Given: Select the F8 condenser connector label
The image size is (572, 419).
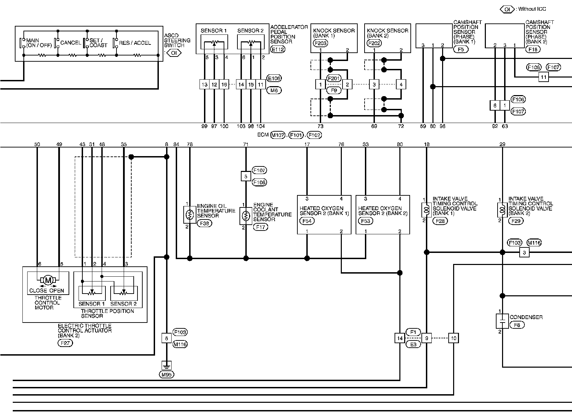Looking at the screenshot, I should pyautogui.click(x=517, y=325).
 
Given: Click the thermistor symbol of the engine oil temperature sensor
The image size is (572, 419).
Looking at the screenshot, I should pyautogui.click(x=188, y=215).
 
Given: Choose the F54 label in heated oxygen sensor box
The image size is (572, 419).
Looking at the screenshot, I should pyautogui.click(x=307, y=221).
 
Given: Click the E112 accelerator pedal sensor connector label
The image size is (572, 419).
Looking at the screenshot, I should pyautogui.click(x=278, y=49).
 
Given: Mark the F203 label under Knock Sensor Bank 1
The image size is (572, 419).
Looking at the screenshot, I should pyautogui.click(x=320, y=43).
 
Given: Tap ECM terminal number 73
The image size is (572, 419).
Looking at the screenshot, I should pyautogui.click(x=320, y=126).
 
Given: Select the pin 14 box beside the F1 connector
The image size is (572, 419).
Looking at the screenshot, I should pyautogui.click(x=400, y=338).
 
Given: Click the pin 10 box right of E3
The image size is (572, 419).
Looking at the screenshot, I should pyautogui.click(x=453, y=338).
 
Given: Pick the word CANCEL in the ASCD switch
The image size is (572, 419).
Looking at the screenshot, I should pyautogui.click(x=71, y=43).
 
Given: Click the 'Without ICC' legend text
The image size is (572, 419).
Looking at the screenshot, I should pyautogui.click(x=532, y=9).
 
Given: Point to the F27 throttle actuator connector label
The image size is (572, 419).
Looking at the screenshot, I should pyautogui.click(x=65, y=343).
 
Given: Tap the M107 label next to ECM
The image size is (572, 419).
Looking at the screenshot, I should pyautogui.click(x=278, y=135).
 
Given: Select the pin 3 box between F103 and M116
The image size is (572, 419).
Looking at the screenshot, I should pyautogui.click(x=524, y=253).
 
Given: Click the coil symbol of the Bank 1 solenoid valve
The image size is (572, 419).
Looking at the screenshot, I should pyautogui.click(x=427, y=209).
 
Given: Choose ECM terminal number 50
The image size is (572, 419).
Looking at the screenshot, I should pyautogui.click(x=37, y=144).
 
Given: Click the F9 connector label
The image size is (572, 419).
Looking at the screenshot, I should pyautogui.click(x=334, y=91).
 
